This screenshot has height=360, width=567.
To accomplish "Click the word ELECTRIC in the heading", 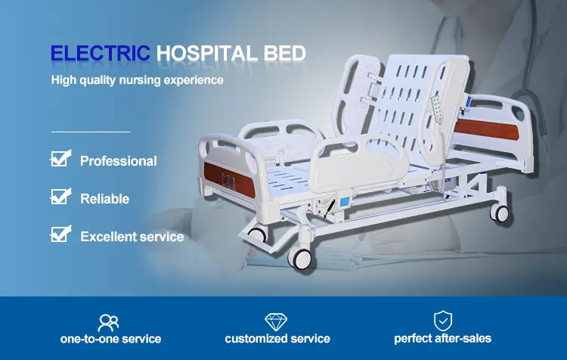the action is click(100, 53).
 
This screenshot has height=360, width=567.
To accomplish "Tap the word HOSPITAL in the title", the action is click(207, 53).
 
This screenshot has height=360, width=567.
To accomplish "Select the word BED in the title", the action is click(284, 53).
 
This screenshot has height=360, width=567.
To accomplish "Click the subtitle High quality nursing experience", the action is click(138, 80).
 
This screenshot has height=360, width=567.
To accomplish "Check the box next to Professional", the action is click(60, 159).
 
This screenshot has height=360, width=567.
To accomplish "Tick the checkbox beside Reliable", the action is click(60, 197).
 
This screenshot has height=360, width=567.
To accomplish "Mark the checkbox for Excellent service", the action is click(60, 234).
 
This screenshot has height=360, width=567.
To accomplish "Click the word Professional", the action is click(119, 161).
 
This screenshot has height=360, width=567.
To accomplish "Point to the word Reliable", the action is click(105, 199).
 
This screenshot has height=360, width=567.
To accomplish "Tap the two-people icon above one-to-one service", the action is click(108, 323).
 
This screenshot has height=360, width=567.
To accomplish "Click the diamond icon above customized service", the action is click(276, 321).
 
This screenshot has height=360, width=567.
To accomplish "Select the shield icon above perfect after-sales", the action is click(443, 321).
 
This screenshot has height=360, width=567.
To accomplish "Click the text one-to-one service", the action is click(110, 339).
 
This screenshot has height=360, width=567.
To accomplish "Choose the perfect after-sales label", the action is click(442, 339).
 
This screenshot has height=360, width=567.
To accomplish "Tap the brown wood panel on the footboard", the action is click(229, 180).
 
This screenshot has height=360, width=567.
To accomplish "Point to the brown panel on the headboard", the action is click(486, 130).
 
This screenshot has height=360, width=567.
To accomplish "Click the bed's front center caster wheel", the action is click(300, 257).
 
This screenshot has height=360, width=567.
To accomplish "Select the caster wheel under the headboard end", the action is click(500, 213).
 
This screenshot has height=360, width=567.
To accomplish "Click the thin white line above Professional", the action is click(91, 132).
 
